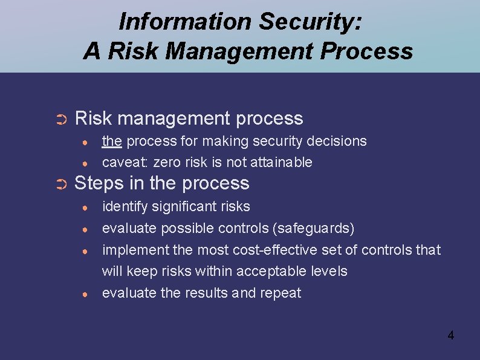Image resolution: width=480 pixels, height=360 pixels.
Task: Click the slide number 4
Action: (x=450, y=335)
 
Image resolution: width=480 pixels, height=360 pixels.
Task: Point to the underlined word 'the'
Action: (x=112, y=141)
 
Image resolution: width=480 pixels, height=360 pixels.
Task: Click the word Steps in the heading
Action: (x=99, y=183)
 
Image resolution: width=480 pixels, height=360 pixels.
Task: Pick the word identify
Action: (x=124, y=206)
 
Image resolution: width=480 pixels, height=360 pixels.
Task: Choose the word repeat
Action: (x=281, y=293)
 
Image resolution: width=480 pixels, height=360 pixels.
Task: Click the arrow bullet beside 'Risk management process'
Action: (x=60, y=119)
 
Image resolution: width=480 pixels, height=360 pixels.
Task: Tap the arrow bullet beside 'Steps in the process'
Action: (x=60, y=184)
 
